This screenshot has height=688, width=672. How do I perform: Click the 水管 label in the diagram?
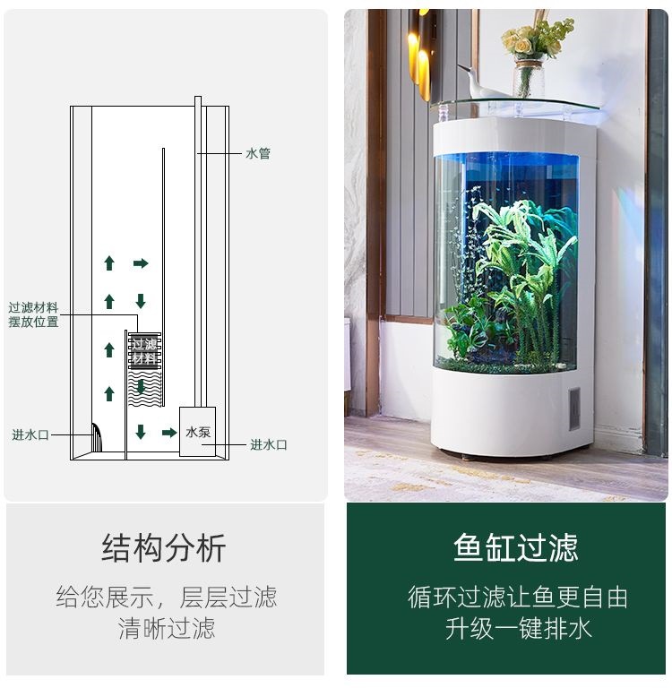tap(257, 154)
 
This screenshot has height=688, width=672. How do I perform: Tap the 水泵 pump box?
tap(198, 432)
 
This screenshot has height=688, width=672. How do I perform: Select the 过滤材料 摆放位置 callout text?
tap(34, 314)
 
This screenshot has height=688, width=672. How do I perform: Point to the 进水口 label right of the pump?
tap(268, 445)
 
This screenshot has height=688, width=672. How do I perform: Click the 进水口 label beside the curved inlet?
tap(30, 435)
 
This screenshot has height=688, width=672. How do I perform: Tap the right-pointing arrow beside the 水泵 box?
tap(168, 433)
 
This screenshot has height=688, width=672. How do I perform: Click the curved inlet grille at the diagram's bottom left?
tap(97, 440)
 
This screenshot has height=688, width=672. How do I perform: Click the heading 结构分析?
tap(164, 547)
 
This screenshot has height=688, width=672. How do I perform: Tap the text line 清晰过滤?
tap(167, 628)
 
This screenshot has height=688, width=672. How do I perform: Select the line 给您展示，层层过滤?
tap(167, 598)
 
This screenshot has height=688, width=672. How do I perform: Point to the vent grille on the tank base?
tap(573, 408)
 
